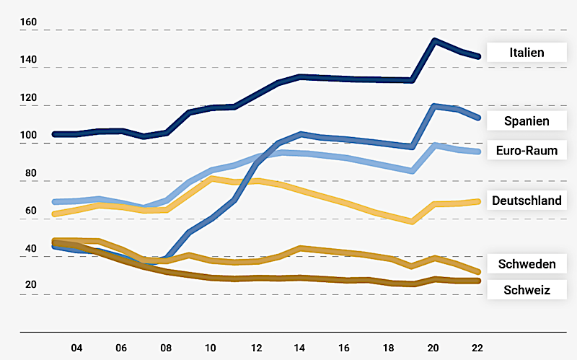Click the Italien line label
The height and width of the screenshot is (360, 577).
[527, 53]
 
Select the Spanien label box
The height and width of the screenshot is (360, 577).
[527, 121]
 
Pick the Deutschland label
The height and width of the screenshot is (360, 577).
[527, 201]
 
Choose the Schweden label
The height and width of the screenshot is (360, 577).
[527, 264]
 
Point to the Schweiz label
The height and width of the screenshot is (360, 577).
[527, 290]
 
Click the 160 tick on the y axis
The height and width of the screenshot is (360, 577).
[29, 22]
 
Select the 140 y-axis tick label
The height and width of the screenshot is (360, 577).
[29, 60]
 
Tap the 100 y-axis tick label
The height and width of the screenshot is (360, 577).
[29, 135]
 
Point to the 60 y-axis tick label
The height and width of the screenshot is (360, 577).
[29, 211]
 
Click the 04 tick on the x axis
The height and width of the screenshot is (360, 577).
[76, 347]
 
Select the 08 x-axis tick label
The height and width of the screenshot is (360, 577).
[165, 347]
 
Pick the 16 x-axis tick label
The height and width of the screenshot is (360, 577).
[344, 347]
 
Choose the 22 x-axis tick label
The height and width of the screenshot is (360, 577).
[477, 347]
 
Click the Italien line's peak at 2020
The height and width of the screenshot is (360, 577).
[434, 40]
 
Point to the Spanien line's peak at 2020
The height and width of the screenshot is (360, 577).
[434, 106]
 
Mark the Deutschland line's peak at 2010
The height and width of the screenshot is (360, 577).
[211, 178]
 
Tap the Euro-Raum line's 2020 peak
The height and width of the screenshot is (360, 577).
[434, 145]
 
